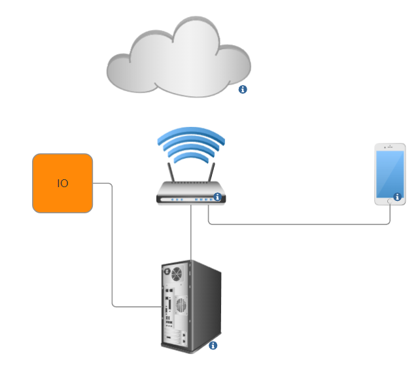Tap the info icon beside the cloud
243,89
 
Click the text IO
63,183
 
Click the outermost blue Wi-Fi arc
191,131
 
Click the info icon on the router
217,196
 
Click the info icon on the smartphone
397,196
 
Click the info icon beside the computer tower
212,345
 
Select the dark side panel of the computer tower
205,304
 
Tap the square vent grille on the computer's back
181,304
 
